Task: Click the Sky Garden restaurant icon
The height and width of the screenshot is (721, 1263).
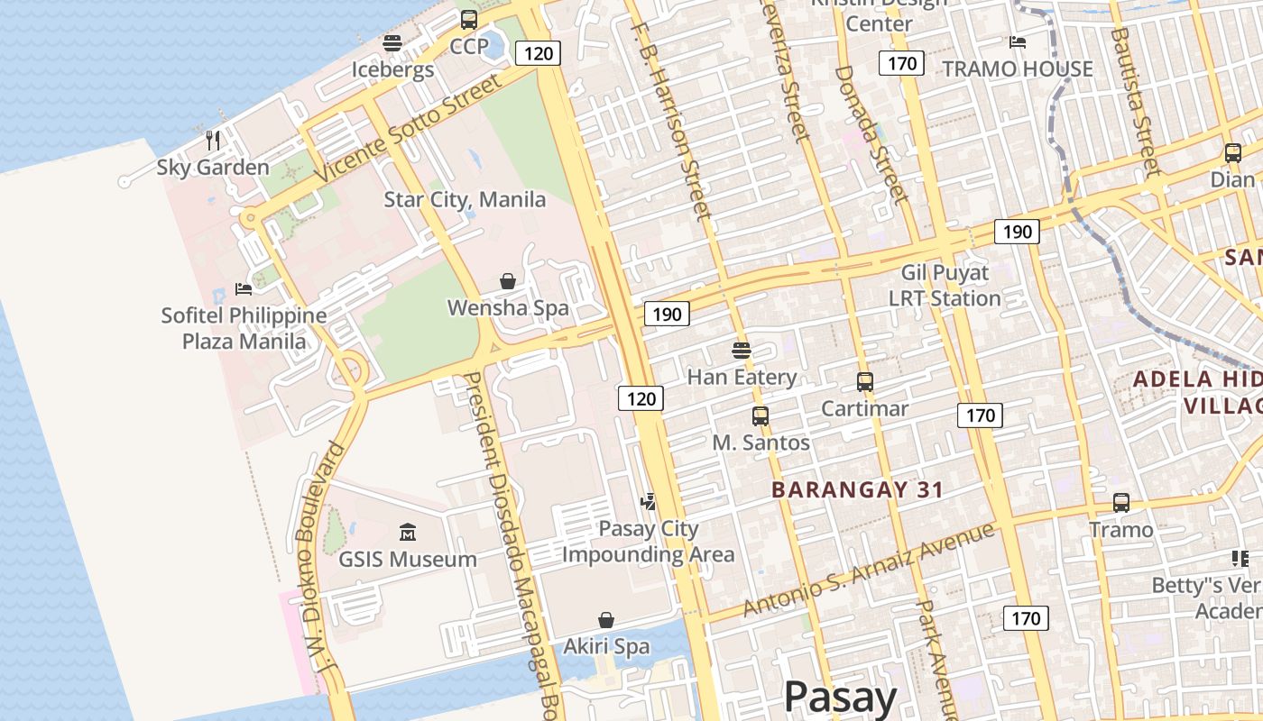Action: [213, 140]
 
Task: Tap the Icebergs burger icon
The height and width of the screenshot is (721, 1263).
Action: [392, 42]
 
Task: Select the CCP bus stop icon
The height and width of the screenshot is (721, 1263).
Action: [469, 19]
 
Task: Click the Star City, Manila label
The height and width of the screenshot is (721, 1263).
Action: [465, 199]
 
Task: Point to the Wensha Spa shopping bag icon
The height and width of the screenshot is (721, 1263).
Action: [508, 281]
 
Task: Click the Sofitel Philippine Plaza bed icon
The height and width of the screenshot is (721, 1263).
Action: [244, 288]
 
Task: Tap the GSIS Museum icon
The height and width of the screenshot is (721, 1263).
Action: [408, 532]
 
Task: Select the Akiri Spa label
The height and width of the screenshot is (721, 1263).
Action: [606, 646]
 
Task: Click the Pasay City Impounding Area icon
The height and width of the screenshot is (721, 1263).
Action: [648, 501]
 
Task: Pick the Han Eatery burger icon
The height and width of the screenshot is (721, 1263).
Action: [742, 350]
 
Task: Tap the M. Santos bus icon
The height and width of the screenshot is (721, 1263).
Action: [761, 415]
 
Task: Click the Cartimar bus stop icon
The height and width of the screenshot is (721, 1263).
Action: [865, 381]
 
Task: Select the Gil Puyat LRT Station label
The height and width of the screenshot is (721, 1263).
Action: [945, 285]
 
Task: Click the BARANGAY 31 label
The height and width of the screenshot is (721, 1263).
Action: [858, 489]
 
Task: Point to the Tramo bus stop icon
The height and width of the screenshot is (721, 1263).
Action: [1121, 502]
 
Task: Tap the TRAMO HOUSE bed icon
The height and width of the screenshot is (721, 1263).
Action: [1018, 41]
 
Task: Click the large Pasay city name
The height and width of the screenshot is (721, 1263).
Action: [840, 697]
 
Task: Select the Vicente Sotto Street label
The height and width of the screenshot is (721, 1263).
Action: [408, 129]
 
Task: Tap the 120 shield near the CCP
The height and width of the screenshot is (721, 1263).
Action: [539, 53]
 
